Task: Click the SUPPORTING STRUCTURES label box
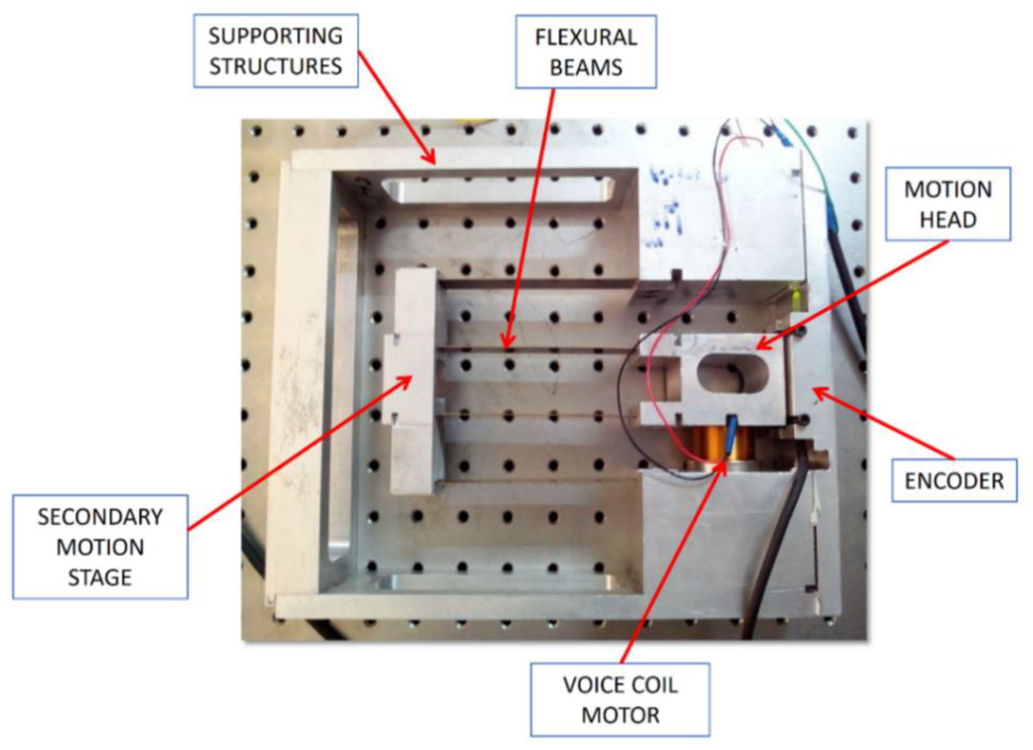click(x=276, y=50)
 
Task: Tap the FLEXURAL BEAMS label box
click(x=586, y=52)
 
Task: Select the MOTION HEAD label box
click(x=948, y=204)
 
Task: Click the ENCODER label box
click(x=954, y=481)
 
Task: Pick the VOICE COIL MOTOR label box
click(x=620, y=700)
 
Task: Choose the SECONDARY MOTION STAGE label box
click(x=100, y=547)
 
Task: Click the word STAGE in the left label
click(x=100, y=577)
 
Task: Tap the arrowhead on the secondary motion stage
click(x=406, y=380)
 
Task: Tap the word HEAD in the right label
click(x=948, y=220)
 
